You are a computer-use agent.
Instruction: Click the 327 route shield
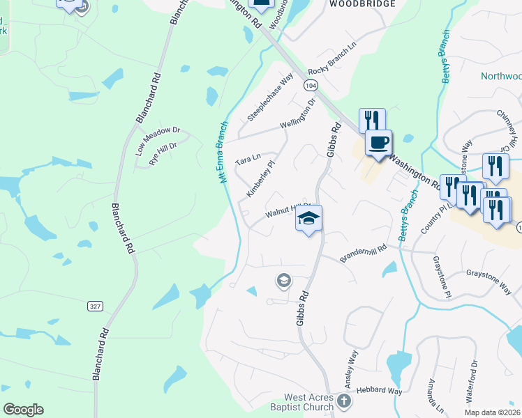95,306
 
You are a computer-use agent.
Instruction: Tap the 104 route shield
311,84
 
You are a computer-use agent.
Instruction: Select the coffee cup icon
378,143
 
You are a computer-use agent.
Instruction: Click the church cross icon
343,401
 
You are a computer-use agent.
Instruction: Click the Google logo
23,410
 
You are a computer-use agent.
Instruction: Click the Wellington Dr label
298,113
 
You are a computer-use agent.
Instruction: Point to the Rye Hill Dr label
163,153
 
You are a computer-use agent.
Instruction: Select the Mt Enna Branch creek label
223,153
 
